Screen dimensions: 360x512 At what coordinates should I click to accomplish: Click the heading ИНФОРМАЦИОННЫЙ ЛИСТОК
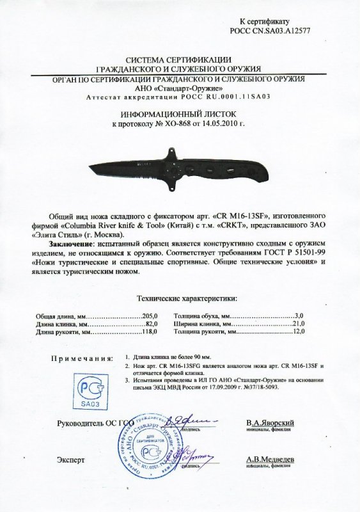point(178,111)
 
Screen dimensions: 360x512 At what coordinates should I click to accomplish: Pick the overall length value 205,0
point(150,317)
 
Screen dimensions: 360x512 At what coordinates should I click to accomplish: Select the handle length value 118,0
point(149,333)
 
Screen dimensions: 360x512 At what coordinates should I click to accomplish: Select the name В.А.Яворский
point(270,424)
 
